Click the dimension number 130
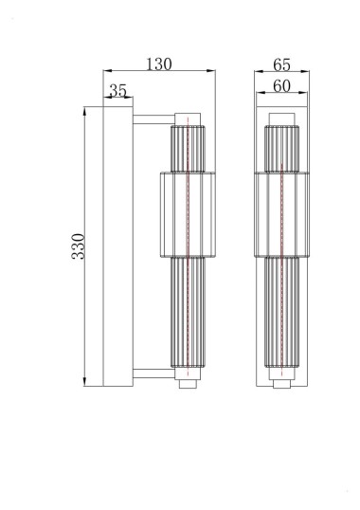pyautogui.click(x=159, y=64)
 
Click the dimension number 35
pyautogui.click(x=118, y=91)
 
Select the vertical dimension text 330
pyautogui.click(x=80, y=246)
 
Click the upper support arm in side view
pyautogui.click(x=152, y=119)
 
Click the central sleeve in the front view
pyautogui.click(x=279, y=214)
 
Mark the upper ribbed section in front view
pyautogui.click(x=279, y=147)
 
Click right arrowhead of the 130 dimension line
pyautogui.click(x=212, y=72)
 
